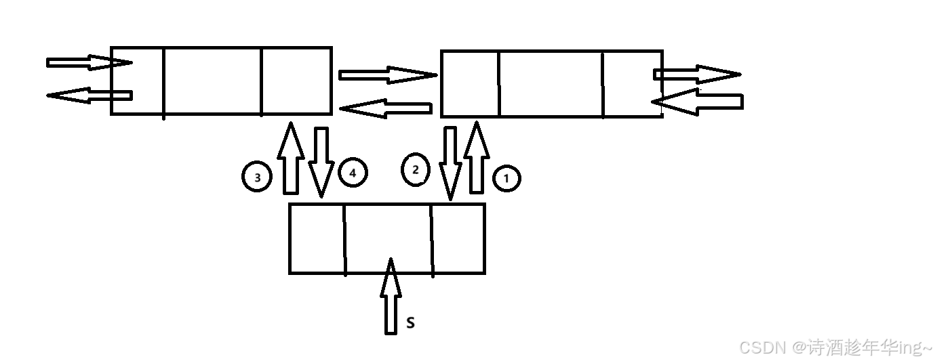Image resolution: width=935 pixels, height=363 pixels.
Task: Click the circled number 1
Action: tap(506, 179)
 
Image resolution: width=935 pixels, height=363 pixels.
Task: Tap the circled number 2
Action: tap(415, 169)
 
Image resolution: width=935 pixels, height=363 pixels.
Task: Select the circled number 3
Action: tap(257, 177)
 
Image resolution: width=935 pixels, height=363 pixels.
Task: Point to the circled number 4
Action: tap(353, 173)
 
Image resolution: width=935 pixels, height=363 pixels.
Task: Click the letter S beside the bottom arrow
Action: tap(410, 323)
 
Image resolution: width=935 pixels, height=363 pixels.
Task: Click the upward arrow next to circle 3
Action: tap(290, 158)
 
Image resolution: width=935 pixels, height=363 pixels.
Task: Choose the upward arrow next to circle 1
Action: tap(477, 157)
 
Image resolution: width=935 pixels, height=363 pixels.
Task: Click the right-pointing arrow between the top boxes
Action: tap(387, 74)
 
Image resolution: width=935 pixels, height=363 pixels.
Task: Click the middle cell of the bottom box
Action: tap(389, 238)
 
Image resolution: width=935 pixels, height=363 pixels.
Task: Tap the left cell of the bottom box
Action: tap(317, 238)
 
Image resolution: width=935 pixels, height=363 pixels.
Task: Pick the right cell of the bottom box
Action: tap(459, 238)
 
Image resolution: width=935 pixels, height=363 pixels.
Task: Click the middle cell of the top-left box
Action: tap(213, 81)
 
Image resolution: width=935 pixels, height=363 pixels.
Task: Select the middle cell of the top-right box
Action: tap(551, 83)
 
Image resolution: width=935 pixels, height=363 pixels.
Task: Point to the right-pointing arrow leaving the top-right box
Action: tap(698, 74)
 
